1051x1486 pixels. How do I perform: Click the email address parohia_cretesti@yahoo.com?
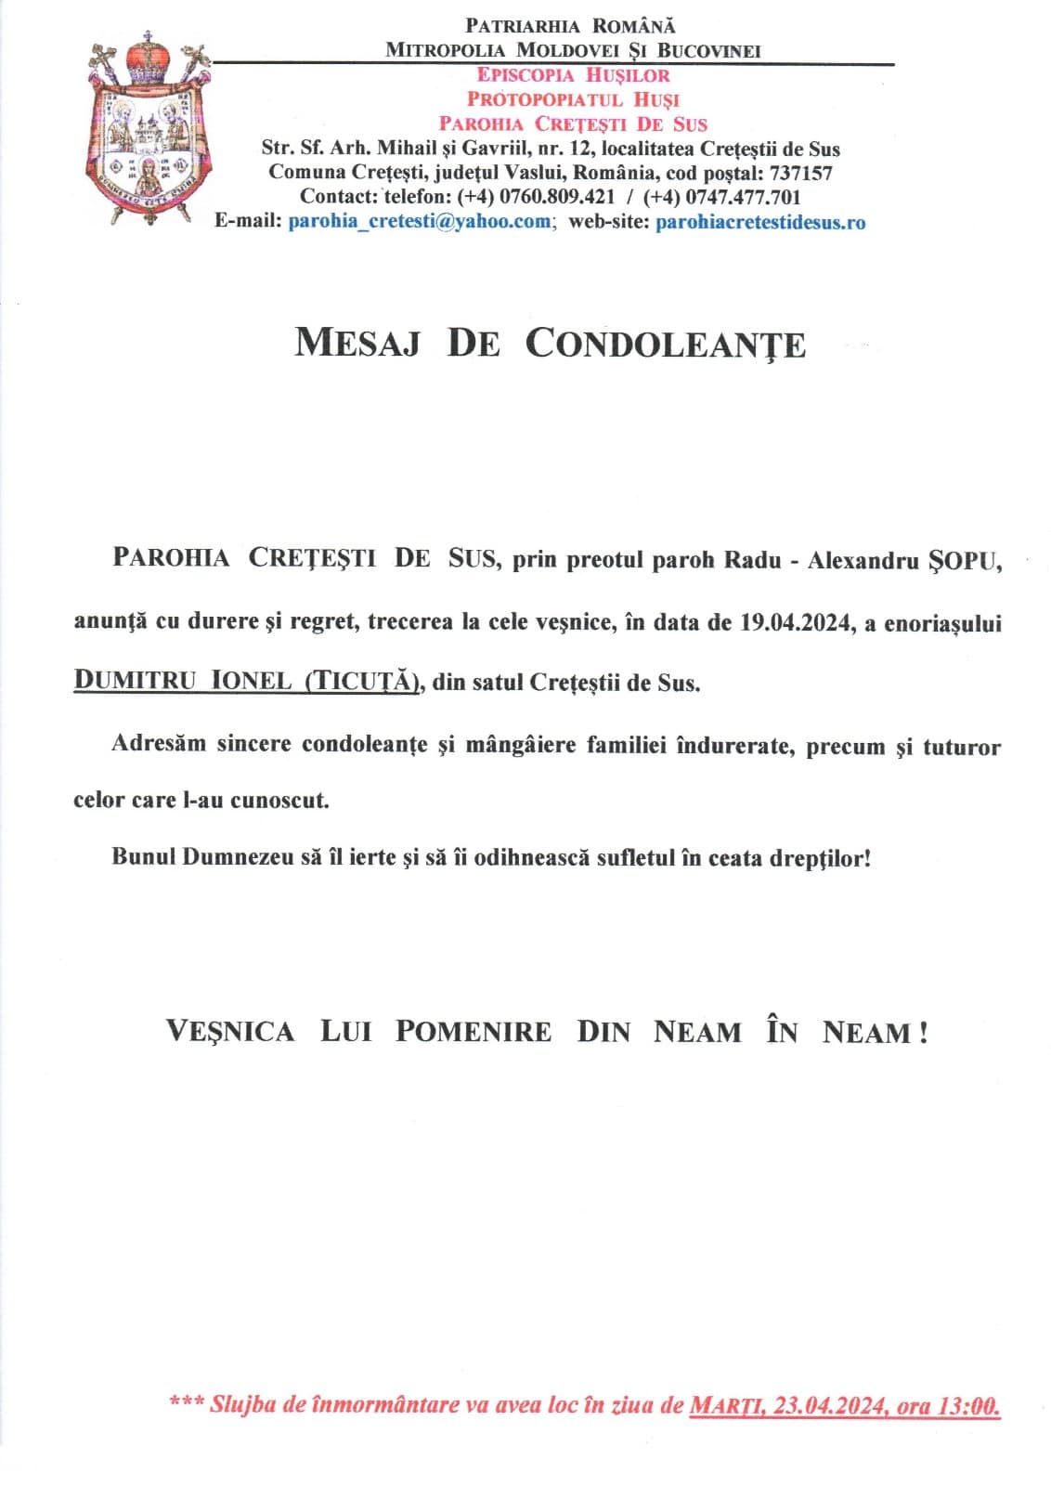click(420, 222)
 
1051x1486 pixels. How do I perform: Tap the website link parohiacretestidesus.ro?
click(760, 222)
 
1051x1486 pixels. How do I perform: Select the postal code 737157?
click(800, 173)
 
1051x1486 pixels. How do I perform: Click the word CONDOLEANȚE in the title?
click(665, 344)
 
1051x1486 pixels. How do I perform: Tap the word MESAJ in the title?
click(357, 344)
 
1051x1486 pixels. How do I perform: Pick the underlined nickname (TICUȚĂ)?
click(363, 681)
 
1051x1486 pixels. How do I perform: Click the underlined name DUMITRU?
click(136, 681)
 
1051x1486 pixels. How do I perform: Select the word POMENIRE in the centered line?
click(473, 1032)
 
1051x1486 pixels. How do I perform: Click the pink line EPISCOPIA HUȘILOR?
click(573, 75)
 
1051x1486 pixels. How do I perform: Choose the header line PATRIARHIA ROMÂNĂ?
click(570, 26)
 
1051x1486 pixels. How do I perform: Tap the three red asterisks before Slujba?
click(185, 1401)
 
